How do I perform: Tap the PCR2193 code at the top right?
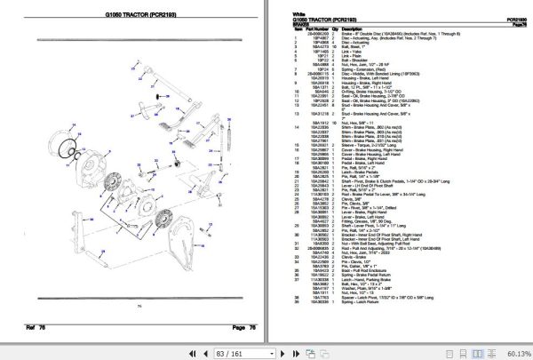click(508, 20)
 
